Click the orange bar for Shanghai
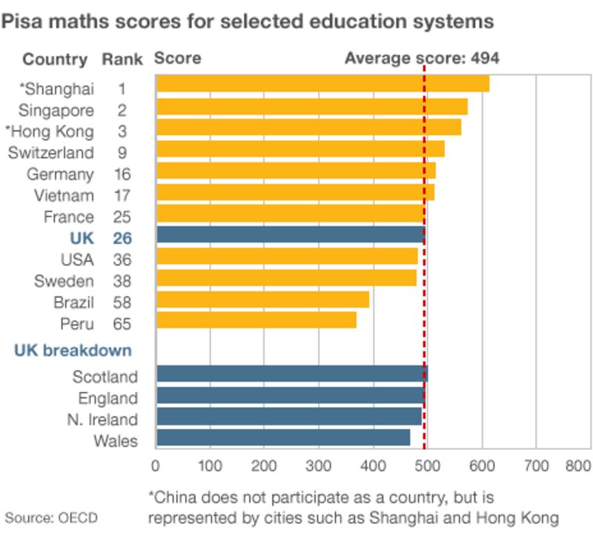click(322, 84)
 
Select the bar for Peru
click(256, 320)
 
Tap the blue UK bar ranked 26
click(290, 235)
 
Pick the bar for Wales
click(282, 437)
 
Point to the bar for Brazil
click(262, 299)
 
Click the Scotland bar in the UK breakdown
click(291, 374)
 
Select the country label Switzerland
click(51, 153)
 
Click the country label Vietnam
click(64, 196)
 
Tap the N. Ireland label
click(102, 419)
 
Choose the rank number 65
click(122, 324)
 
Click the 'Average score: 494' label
click(422, 59)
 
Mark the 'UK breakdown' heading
click(73, 350)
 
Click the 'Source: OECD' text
click(51, 517)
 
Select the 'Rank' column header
click(118, 59)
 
